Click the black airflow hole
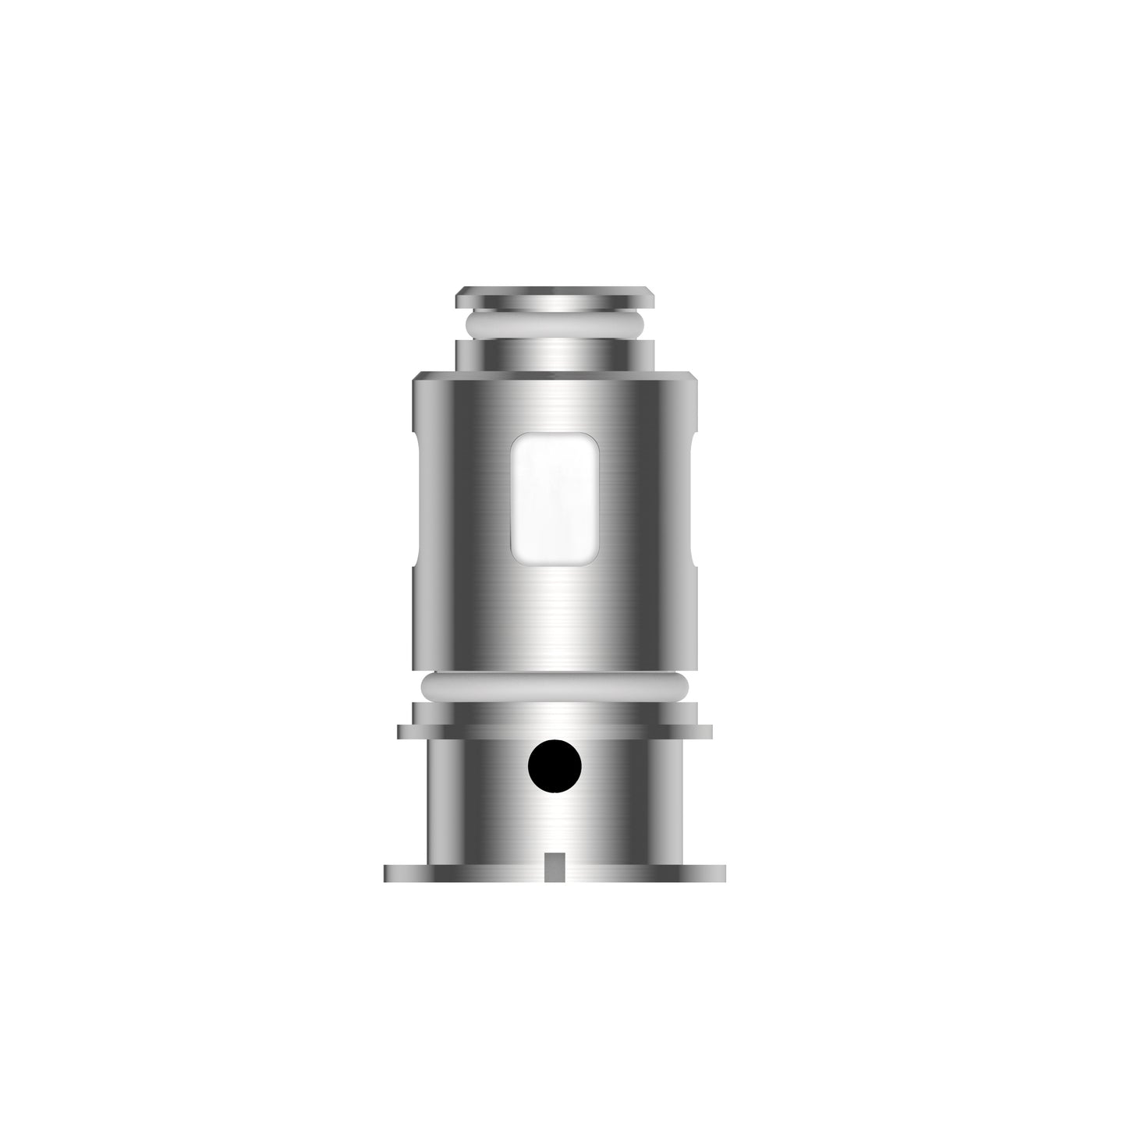pyautogui.click(x=555, y=767)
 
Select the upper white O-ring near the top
pyautogui.click(x=555, y=325)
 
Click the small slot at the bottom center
pyautogui.click(x=555, y=866)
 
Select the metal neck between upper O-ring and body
pyautogui.click(x=555, y=355)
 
